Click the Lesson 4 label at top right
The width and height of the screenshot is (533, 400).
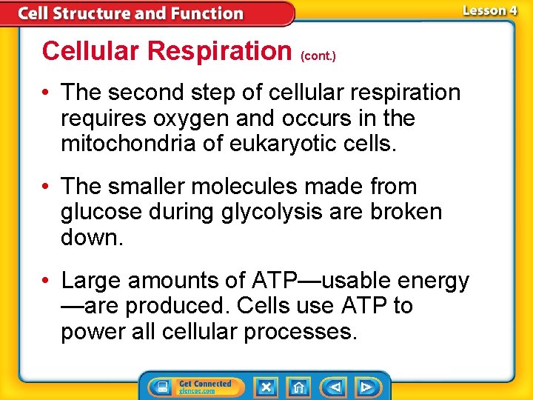(489, 10)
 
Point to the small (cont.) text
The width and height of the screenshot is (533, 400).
(318, 56)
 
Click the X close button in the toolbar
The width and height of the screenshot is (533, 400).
(266, 387)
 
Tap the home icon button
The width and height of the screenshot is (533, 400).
(298, 387)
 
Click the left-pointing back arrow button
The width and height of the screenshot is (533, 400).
(334, 387)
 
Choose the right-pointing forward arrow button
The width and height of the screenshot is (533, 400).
(366, 387)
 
